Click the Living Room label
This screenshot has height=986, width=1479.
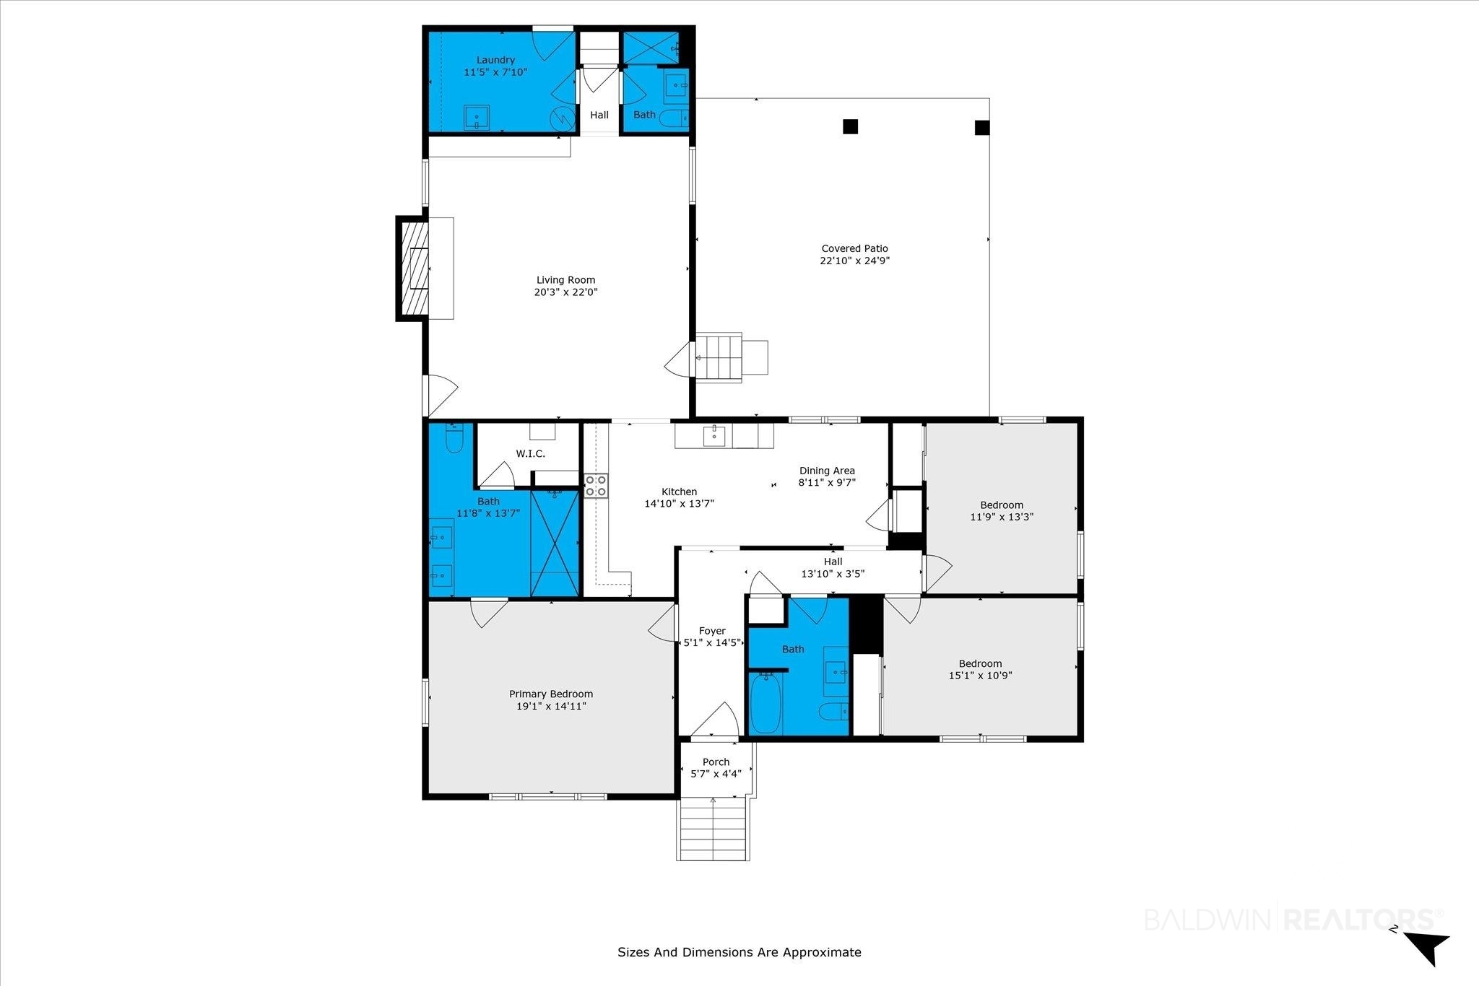(x=566, y=280)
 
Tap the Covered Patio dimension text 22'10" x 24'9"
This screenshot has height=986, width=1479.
(x=855, y=261)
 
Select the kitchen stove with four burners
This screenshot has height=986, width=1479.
(x=597, y=485)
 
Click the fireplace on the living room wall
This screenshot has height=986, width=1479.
(x=412, y=268)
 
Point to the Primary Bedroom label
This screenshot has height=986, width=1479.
(x=551, y=694)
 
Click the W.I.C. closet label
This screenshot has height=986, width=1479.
(x=531, y=454)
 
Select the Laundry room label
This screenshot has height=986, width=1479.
(x=495, y=60)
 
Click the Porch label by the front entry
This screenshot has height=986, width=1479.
(x=716, y=762)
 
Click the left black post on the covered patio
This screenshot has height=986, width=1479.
(x=851, y=126)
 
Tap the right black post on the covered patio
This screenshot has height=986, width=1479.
(x=982, y=128)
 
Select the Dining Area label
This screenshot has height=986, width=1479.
(x=827, y=471)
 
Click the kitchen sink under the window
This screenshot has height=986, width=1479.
(x=714, y=435)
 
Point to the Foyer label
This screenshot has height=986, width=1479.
(x=713, y=631)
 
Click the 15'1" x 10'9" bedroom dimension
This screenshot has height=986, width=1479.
(x=981, y=676)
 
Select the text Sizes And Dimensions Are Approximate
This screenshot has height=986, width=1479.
(x=739, y=952)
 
